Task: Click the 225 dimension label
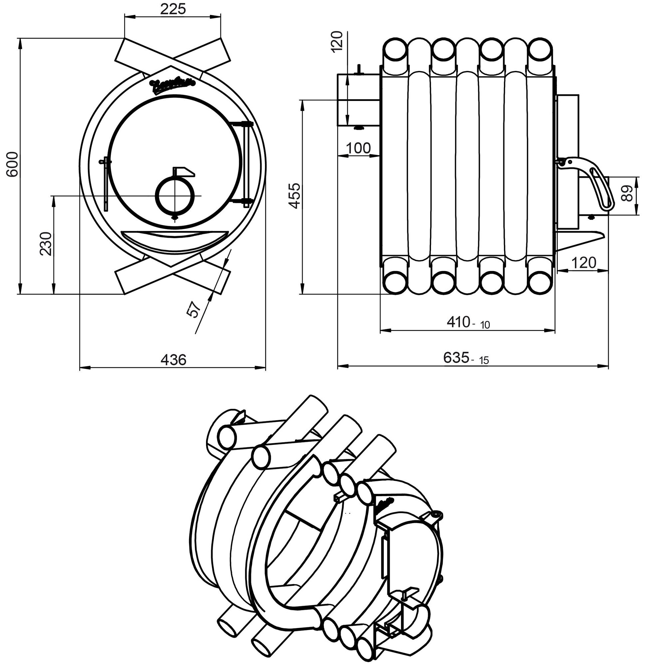click(173, 9)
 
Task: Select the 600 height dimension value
click(13, 165)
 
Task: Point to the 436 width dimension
click(173, 360)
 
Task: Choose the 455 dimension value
click(295, 196)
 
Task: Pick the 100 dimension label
click(358, 148)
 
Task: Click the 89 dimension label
click(629, 193)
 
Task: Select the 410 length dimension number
click(458, 322)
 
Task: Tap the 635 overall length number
click(456, 357)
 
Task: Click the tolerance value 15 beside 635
click(484, 361)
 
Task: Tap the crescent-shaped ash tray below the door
click(175, 238)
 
